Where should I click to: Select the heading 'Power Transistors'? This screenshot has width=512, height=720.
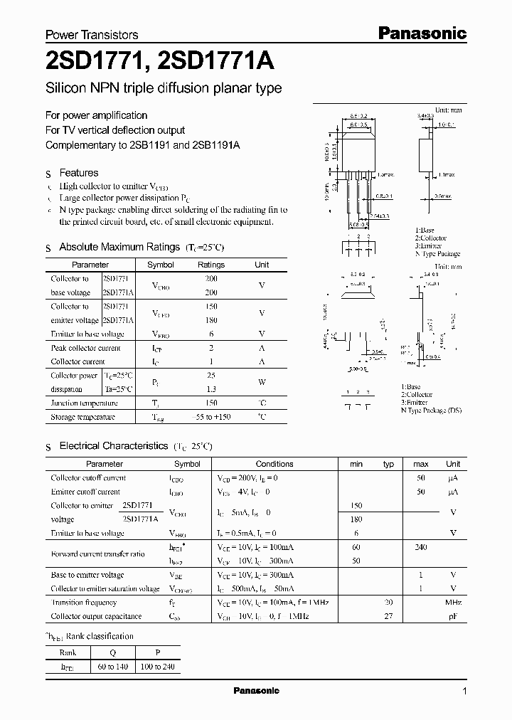(92, 34)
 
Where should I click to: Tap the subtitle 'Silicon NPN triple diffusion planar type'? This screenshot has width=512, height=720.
(164, 89)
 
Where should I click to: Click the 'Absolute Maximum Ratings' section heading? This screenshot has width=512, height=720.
(119, 247)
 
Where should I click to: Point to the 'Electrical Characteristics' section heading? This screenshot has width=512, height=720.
(113, 445)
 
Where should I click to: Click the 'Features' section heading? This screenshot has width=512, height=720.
(78, 173)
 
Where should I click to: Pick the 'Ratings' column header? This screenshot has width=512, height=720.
(210, 265)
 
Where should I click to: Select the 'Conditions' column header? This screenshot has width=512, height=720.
(274, 464)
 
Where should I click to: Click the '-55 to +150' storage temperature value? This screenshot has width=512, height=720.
(210, 417)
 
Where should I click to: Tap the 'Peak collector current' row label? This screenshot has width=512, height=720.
(85, 348)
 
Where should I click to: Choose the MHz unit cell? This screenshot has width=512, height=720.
(452, 602)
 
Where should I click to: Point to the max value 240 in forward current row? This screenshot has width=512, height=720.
(420, 547)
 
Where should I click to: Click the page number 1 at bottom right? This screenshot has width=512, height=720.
(464, 692)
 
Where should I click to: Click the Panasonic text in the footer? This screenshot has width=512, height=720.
(256, 691)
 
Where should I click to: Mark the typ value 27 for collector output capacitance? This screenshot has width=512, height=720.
(388, 616)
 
